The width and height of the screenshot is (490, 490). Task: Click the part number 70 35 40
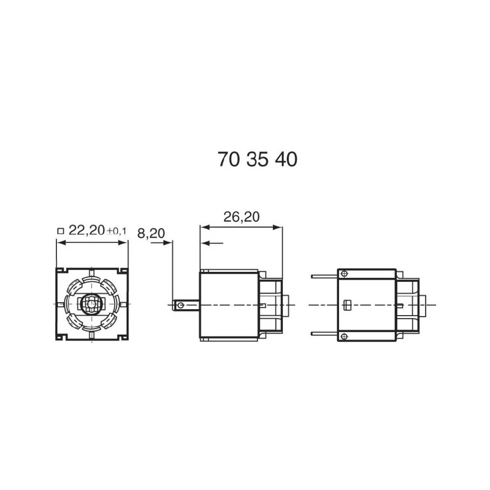pos(257,160)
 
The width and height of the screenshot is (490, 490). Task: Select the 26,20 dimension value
pos(241,217)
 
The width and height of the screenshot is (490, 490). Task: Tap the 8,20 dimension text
pos(150,234)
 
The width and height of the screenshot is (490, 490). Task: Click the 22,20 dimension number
pos(86,230)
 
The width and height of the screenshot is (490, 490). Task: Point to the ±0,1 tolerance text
pos(117,231)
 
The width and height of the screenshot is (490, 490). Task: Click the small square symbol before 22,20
pos(61,231)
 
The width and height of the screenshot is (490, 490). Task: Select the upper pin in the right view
pos(324,276)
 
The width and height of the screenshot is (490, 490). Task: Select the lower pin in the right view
pos(324,334)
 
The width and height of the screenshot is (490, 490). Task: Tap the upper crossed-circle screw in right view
pos(344,273)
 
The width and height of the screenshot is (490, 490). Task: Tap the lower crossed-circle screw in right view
pos(344,336)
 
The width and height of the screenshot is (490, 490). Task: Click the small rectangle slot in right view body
pos(347,305)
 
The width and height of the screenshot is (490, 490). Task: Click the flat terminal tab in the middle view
pos(186,305)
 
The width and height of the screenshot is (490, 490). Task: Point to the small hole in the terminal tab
pos(181,305)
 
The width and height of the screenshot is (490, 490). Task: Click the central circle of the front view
pos(91,304)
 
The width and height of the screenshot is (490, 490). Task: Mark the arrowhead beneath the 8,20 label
pos(169,243)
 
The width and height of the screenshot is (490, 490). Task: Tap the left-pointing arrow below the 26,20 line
pos(204,243)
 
